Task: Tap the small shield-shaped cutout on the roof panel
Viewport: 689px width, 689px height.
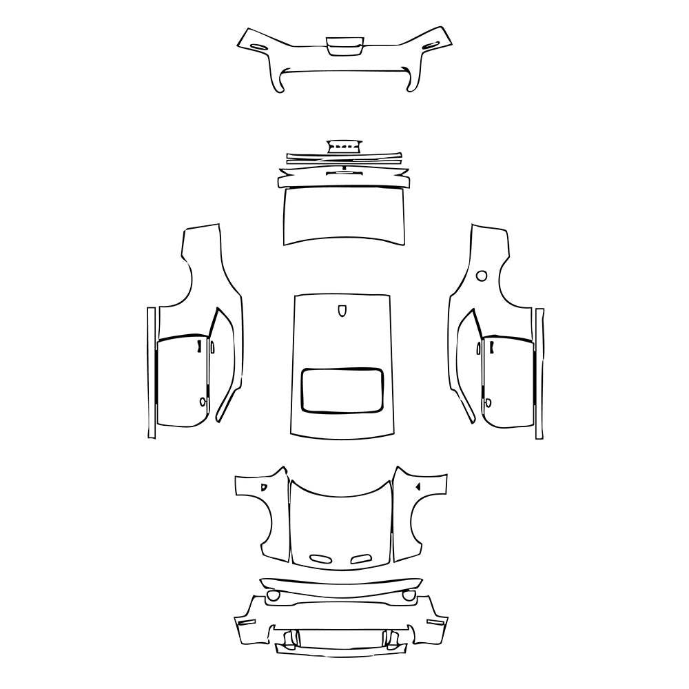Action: tap(342, 311)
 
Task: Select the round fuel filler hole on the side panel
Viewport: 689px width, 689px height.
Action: tap(482, 276)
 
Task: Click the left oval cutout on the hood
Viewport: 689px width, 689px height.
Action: tap(320, 558)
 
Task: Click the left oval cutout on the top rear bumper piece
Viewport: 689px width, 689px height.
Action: tap(256, 45)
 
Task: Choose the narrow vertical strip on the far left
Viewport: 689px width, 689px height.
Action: tap(150, 372)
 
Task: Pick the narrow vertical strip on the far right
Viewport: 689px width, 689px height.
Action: tap(539, 372)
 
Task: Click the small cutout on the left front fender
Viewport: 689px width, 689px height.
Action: tap(263, 486)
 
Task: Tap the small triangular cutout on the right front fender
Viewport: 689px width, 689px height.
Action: tap(418, 486)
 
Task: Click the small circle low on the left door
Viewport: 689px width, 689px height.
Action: tap(203, 401)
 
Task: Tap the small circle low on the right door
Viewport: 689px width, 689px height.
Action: tap(487, 403)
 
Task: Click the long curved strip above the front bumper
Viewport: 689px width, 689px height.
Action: tap(341, 587)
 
